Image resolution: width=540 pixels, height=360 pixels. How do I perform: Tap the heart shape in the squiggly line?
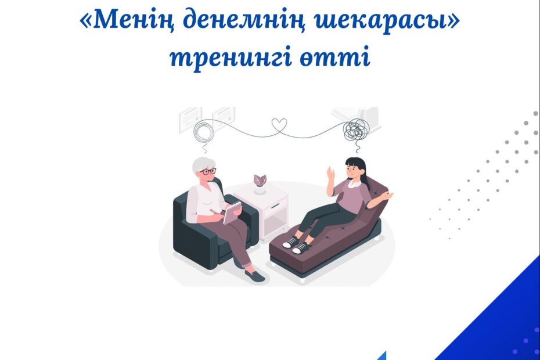279,126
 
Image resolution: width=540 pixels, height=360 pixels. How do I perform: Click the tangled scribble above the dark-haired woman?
355,130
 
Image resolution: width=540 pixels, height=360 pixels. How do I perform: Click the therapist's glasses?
208,171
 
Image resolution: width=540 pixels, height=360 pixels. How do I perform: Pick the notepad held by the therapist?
232,213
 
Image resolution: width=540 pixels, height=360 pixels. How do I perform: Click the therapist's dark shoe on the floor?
255,275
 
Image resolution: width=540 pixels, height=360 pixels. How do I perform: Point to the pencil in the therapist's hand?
216,211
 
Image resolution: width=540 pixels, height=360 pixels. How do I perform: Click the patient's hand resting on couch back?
388,196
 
